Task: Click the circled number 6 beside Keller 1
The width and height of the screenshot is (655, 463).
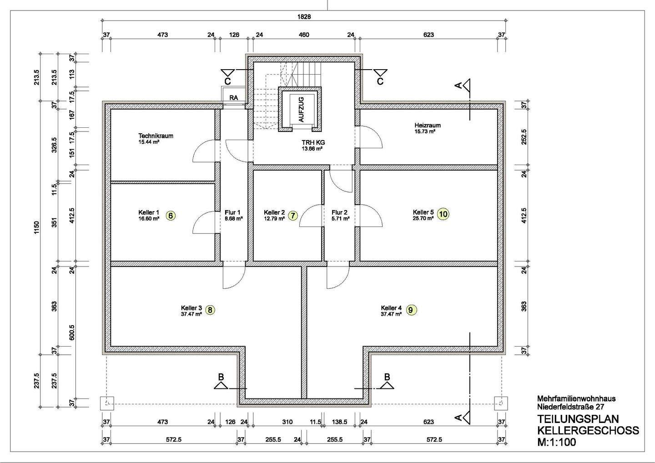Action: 171,216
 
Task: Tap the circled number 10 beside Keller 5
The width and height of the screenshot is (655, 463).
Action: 443,214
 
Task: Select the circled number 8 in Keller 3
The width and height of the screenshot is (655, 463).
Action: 210,310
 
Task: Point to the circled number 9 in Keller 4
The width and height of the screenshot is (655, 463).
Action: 411,310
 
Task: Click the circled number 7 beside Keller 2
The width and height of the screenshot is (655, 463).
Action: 293,216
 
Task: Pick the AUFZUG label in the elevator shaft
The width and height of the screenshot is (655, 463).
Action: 302,110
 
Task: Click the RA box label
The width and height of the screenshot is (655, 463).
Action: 234,98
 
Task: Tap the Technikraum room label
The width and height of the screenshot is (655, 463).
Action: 156,136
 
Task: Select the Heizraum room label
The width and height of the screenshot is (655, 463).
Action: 428,126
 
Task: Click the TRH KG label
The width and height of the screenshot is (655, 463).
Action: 313,143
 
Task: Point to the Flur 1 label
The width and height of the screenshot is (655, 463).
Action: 232,212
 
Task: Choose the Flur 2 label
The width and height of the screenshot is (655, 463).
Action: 339,212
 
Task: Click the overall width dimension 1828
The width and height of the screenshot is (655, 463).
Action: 304,17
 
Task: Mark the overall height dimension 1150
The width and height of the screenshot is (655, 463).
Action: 36,228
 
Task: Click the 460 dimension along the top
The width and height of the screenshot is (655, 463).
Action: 304,35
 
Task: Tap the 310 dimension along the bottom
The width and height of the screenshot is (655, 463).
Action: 287,422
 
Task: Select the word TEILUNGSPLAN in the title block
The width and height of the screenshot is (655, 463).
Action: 578,419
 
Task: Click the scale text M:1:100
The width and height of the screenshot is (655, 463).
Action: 557,442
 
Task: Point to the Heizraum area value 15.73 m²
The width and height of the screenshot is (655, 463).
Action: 425,131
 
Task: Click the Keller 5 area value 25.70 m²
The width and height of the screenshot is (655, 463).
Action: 423,218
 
